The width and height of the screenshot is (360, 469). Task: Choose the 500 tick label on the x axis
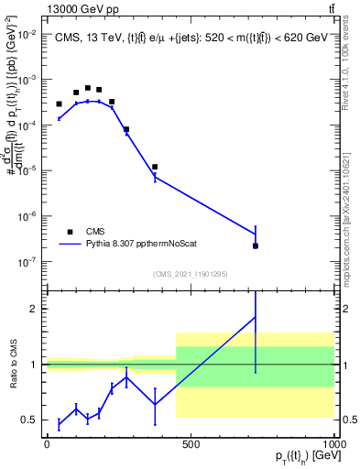[191, 444]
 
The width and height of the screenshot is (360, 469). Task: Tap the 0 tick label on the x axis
[46, 444]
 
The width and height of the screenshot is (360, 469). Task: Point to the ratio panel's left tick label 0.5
[30, 420]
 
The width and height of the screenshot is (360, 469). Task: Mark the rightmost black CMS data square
[256, 245]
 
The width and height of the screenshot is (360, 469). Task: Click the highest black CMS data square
[88, 88]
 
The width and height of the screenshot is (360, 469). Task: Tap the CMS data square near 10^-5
[155, 167]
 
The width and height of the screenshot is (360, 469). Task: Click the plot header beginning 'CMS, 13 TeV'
[188, 38]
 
